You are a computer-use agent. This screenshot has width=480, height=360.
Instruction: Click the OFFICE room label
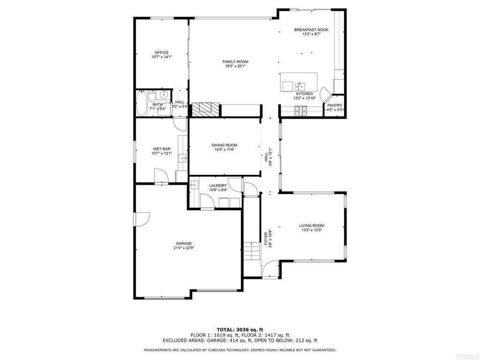(x=162, y=52)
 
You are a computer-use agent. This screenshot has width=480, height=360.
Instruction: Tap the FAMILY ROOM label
(x=235, y=61)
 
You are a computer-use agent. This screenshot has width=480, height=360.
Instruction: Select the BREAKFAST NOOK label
(x=311, y=30)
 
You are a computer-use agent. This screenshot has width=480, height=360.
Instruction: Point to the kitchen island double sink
(x=300, y=86)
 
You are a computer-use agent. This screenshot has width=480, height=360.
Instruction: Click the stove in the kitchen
(x=301, y=111)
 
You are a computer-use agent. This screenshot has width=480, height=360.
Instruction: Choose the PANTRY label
(x=335, y=105)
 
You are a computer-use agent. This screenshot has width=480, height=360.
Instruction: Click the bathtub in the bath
(x=142, y=104)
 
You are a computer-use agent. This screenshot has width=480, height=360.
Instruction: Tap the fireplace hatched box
(x=206, y=109)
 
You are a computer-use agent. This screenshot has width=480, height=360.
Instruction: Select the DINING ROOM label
(x=224, y=145)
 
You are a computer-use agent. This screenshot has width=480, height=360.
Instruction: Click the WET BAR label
(x=161, y=149)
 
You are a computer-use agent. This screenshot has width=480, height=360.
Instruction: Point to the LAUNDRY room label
(x=218, y=186)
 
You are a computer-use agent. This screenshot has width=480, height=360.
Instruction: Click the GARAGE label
(x=184, y=243)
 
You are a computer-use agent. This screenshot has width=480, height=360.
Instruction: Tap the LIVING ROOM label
(x=312, y=225)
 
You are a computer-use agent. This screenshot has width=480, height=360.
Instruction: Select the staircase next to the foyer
(x=252, y=252)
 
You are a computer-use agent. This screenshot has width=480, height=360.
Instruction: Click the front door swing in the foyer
(x=270, y=270)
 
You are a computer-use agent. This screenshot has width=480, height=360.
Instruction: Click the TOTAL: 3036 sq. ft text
(x=240, y=329)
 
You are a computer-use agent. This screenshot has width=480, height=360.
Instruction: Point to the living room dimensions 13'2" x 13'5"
(x=312, y=230)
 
